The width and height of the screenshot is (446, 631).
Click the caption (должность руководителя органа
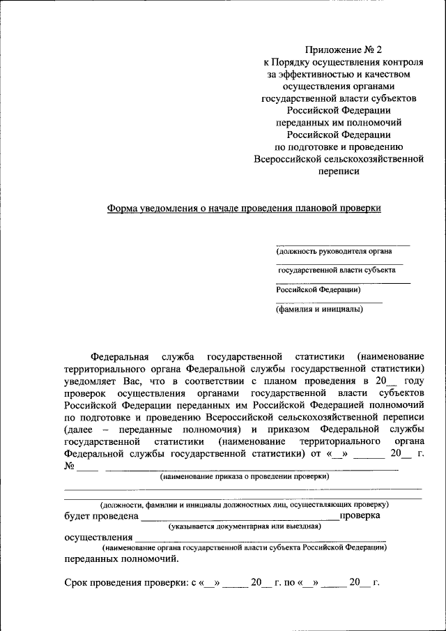334,252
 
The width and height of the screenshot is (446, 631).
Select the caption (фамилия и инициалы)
319,309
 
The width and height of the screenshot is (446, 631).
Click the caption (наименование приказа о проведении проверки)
244,477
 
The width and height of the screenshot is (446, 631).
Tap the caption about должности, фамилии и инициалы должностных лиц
244,503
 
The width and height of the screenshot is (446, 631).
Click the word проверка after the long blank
361,515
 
